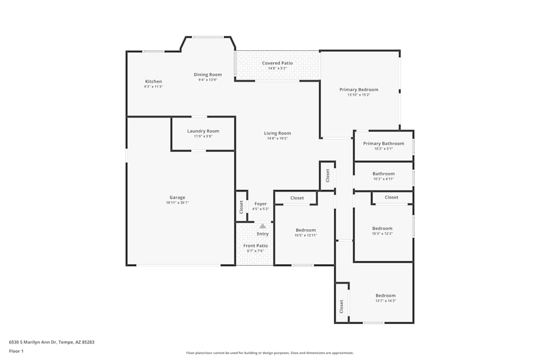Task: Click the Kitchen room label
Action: pyautogui.click(x=153, y=81)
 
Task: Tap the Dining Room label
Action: pyautogui.click(x=208, y=74)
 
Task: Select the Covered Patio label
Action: pyautogui.click(x=278, y=63)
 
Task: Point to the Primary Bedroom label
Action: pyautogui.click(x=359, y=90)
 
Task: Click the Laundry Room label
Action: pyautogui.click(x=203, y=131)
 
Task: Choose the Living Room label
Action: pyautogui.click(x=278, y=133)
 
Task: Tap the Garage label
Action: pyautogui.click(x=177, y=198)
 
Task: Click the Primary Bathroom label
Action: pyautogui.click(x=383, y=144)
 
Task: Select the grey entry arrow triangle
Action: pyautogui.click(x=262, y=226)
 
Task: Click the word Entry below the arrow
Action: pyautogui.click(x=262, y=234)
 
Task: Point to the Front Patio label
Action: pyautogui.click(x=255, y=246)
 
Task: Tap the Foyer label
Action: pyautogui.click(x=260, y=204)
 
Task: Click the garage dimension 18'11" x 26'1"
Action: pyautogui.click(x=177, y=203)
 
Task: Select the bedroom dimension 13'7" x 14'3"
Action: pyautogui.click(x=386, y=301)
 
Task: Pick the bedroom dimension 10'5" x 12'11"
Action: pyautogui.click(x=306, y=235)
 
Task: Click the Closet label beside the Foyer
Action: pyautogui.click(x=241, y=207)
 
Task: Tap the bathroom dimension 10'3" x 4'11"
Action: pyautogui.click(x=383, y=179)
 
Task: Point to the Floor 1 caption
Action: pyautogui.click(x=16, y=351)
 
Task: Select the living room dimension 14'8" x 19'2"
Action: pyautogui.click(x=278, y=138)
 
